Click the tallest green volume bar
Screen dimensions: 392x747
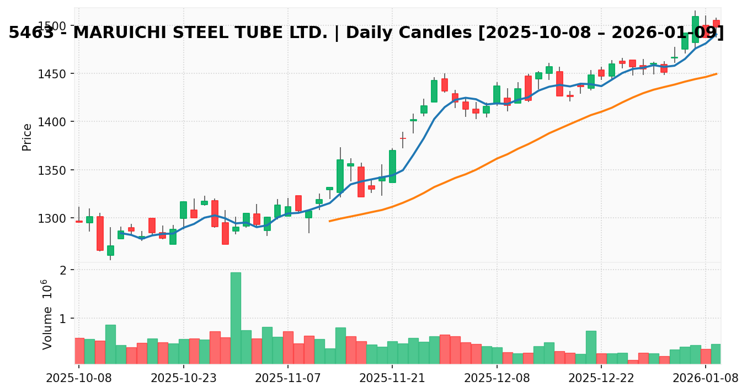[236, 318]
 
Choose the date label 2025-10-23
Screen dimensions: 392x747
[183, 378]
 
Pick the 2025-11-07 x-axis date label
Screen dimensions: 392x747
[287, 378]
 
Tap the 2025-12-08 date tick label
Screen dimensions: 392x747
[497, 378]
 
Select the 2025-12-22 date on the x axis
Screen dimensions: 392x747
[601, 378]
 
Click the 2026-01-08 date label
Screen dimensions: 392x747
[706, 378]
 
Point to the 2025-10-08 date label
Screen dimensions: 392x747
[79, 378]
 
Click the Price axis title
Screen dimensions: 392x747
[26, 137]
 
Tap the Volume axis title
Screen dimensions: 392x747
[48, 314]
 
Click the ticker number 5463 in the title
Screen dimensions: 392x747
[31, 33]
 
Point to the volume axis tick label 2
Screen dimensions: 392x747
[64, 270]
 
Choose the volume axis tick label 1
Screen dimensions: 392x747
[64, 319]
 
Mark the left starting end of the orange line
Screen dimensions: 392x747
[329, 221]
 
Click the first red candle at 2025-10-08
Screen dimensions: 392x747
[79, 222]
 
